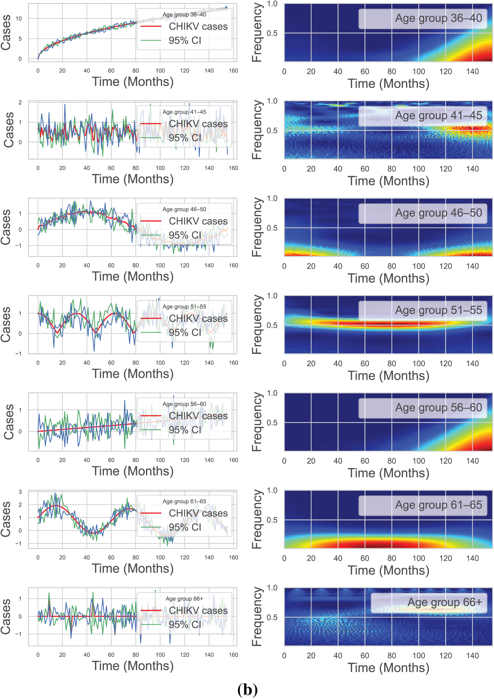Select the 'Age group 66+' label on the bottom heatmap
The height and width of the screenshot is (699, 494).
pyautogui.click(x=444, y=602)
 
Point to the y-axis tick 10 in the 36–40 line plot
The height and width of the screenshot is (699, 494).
pyautogui.click(x=19, y=19)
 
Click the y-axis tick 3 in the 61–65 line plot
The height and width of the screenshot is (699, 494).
pyautogui.click(x=20, y=492)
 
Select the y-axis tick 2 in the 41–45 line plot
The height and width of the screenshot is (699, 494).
pyautogui.click(x=20, y=102)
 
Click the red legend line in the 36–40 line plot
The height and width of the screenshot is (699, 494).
pyautogui.click(x=150, y=27)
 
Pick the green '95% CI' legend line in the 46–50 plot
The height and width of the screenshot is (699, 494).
pyautogui.click(x=150, y=235)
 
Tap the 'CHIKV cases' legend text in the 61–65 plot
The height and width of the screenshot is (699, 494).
pyautogui.click(x=198, y=513)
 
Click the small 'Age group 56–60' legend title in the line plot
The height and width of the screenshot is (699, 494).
pyautogui.click(x=184, y=404)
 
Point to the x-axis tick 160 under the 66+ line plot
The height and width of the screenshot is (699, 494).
pyautogui.click(x=233, y=655)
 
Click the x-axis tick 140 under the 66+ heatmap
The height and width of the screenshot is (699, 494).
pyautogui.click(x=472, y=656)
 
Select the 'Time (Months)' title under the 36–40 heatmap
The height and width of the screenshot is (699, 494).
pyautogui.click(x=388, y=83)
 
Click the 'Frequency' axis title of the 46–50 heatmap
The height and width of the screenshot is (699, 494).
pyautogui.click(x=257, y=227)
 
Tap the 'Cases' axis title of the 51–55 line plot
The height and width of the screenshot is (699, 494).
pyautogui.click(x=6, y=324)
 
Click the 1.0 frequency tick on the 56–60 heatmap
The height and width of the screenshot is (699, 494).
pyautogui.click(x=272, y=393)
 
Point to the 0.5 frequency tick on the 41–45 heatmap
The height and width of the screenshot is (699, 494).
pyautogui.click(x=272, y=131)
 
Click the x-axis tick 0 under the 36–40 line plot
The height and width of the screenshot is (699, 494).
pyautogui.click(x=38, y=70)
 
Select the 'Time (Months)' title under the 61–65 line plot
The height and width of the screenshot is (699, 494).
pyautogui.click(x=133, y=568)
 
